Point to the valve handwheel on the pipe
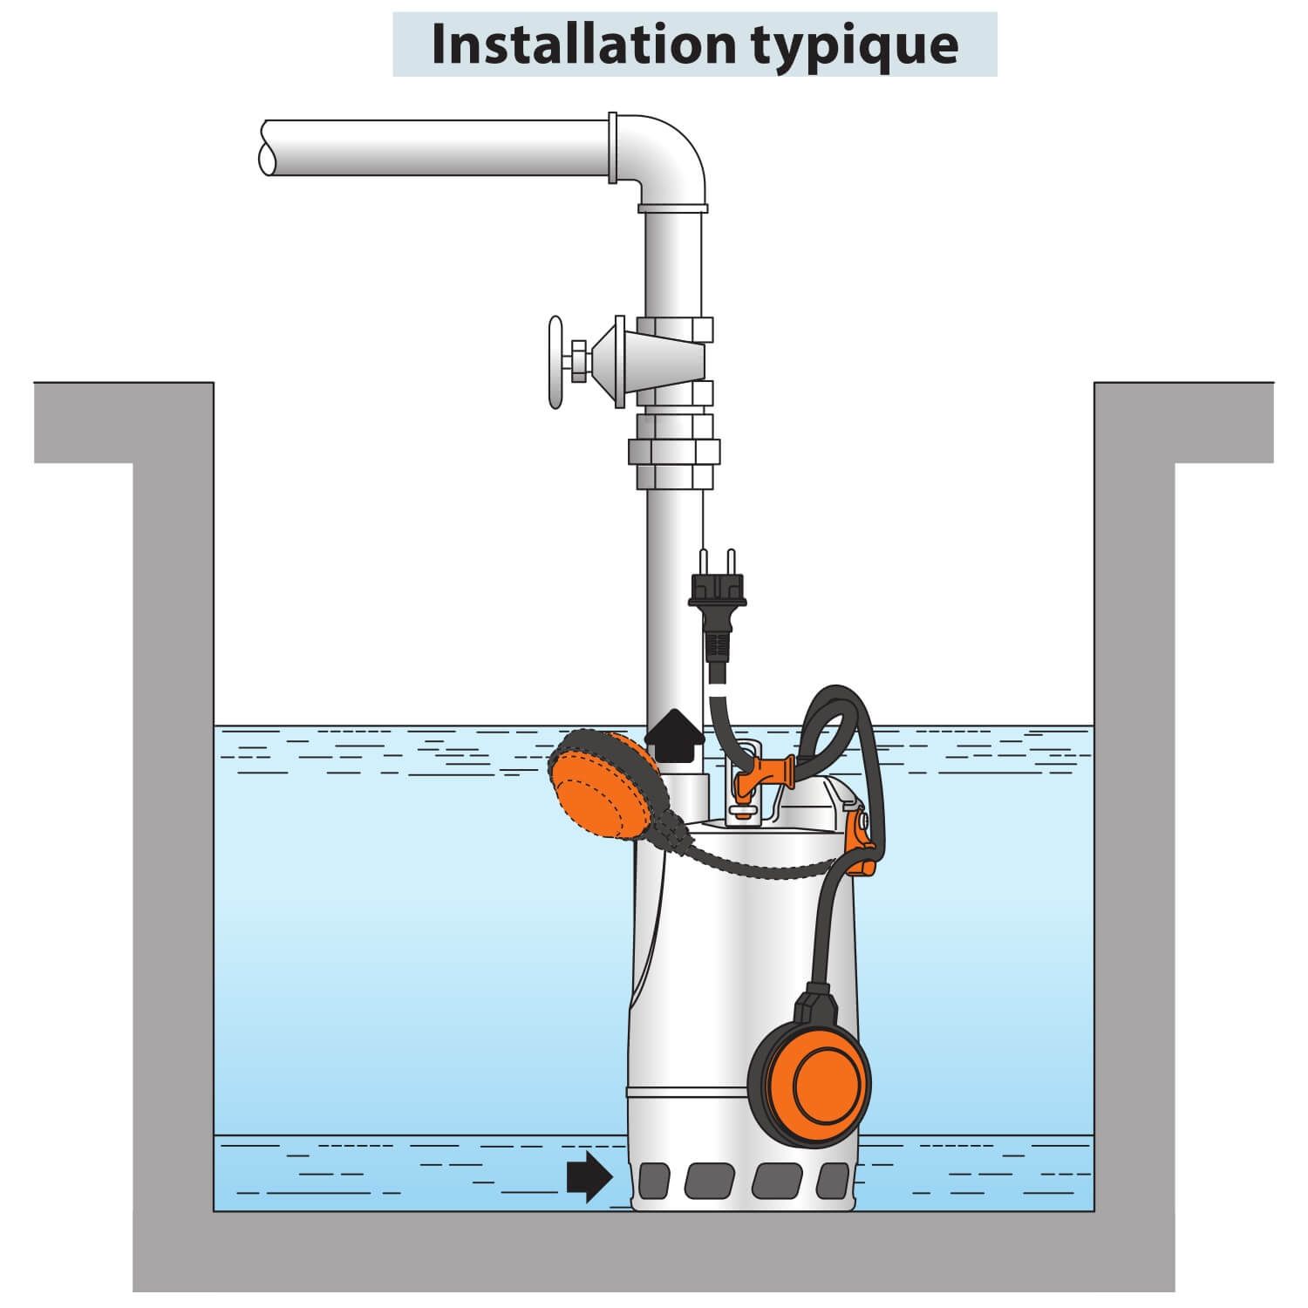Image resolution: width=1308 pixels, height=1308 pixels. [555, 362]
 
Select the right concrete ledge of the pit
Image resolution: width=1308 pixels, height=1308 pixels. [1183, 423]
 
